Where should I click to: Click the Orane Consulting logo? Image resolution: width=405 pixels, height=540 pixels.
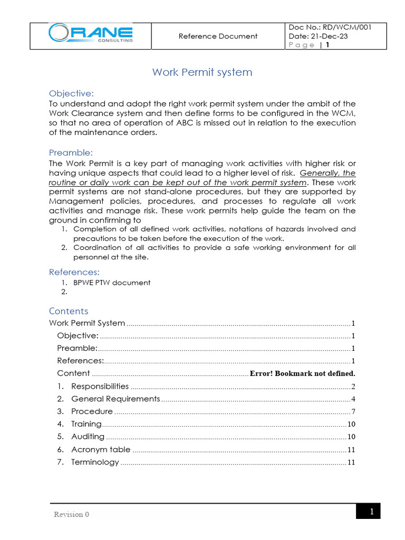coord(90,34)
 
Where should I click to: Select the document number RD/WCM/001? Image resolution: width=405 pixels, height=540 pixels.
coord(348,27)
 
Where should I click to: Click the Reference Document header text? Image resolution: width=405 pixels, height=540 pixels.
coord(218,36)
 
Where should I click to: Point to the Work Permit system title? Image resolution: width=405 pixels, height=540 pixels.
coord(202,72)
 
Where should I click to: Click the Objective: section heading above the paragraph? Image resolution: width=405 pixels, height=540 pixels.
coord(71,93)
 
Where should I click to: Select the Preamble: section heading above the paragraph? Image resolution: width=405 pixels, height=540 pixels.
coord(71,152)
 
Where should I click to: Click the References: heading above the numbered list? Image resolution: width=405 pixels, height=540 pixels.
coord(74,272)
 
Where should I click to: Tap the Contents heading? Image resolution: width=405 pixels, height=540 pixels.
coord(69,311)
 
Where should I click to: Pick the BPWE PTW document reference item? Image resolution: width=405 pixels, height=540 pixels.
coord(112,283)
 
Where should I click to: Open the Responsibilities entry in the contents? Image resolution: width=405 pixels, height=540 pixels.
coord(100,386)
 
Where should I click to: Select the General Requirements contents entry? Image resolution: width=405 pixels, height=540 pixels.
coord(115,399)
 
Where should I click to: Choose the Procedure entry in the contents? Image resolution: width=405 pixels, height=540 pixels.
coord(92,411)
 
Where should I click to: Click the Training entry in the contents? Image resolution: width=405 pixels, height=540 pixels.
coord(86,424)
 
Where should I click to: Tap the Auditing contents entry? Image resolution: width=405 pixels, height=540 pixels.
coord(88,437)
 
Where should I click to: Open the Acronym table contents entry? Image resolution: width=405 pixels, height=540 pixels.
coord(100,449)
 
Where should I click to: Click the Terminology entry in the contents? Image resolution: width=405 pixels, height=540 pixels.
coord(95,462)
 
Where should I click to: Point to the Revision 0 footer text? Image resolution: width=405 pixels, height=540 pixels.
coord(71,514)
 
